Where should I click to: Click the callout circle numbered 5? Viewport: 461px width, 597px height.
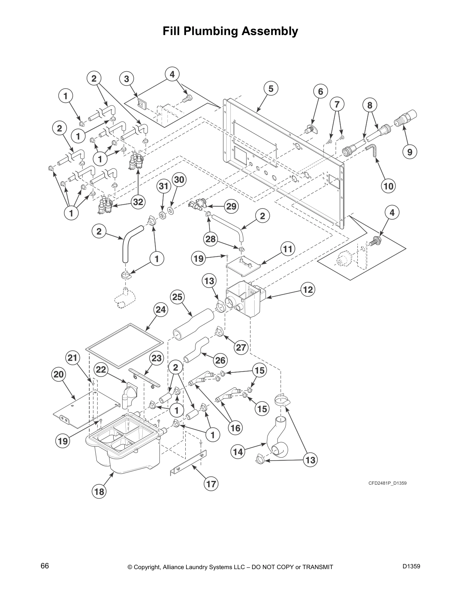[x=271, y=89]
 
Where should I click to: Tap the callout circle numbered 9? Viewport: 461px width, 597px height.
[x=409, y=152]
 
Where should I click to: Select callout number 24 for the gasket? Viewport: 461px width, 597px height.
[x=160, y=310]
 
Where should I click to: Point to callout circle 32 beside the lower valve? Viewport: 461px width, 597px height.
[x=138, y=202]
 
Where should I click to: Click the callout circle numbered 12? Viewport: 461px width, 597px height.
[x=308, y=289]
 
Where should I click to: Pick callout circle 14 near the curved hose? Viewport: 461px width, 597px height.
[x=238, y=451]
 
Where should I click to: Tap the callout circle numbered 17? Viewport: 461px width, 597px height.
[x=211, y=483]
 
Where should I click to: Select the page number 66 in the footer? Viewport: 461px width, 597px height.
[x=45, y=566]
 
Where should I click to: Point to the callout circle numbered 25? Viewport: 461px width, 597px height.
[x=177, y=297]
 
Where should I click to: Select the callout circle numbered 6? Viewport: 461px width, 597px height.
[x=321, y=92]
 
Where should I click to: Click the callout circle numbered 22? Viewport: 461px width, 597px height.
[x=101, y=370]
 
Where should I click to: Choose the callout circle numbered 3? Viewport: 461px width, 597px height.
[x=127, y=79]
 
